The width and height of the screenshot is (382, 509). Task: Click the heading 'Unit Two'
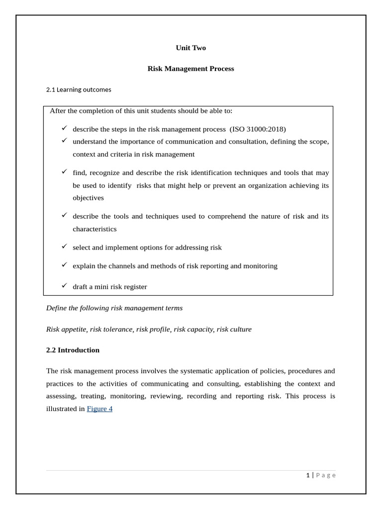191,48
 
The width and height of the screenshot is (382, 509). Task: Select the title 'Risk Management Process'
191,69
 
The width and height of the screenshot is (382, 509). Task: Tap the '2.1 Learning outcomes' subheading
79,89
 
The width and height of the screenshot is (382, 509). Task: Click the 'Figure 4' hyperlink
99,409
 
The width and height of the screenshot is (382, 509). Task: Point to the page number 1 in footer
308,475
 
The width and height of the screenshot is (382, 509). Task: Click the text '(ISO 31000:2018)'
258,129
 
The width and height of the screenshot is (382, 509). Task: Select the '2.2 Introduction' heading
73,350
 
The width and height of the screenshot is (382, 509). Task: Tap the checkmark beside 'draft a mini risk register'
64,285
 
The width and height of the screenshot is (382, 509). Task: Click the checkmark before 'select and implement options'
64,246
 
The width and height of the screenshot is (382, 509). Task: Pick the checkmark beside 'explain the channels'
64,264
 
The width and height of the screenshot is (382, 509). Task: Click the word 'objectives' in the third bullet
88,198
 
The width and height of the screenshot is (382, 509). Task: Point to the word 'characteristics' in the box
95,229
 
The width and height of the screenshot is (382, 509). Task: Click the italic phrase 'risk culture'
234,329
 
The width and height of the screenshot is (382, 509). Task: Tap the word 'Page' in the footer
326,475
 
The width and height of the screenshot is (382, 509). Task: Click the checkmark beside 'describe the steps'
64,128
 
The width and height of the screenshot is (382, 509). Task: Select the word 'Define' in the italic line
56,308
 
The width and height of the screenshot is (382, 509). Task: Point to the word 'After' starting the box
58,111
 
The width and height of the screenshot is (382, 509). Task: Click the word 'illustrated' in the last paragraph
65,409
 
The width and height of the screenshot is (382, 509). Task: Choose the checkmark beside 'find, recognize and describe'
64,171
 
